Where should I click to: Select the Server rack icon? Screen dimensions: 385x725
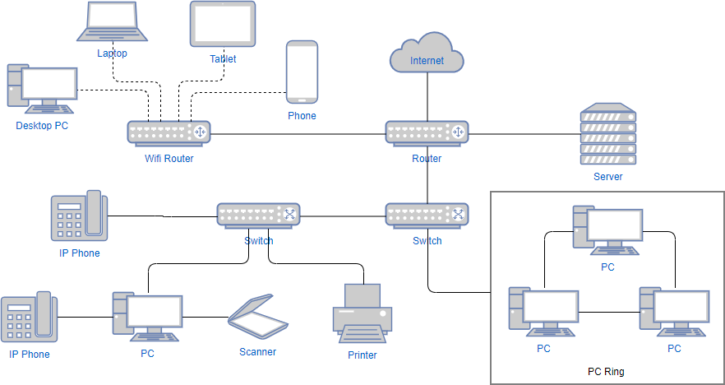click(x=607, y=135)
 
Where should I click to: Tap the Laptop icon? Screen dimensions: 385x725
click(x=113, y=23)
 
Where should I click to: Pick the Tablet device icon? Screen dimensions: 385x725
click(x=223, y=25)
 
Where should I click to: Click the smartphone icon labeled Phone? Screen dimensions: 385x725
click(x=302, y=72)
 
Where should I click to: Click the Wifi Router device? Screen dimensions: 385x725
click(x=169, y=132)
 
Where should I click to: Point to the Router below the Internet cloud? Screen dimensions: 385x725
click(x=427, y=132)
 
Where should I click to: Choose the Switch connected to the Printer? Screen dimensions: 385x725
click(x=258, y=215)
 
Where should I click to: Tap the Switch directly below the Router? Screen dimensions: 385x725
click(x=427, y=215)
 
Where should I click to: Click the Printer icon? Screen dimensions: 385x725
click(x=362, y=313)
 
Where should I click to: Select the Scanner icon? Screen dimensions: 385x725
click(x=260, y=318)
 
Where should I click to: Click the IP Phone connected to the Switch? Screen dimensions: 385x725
click(x=79, y=216)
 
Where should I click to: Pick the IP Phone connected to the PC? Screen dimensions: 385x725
click(x=29, y=318)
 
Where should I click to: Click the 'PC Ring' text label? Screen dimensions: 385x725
click(x=606, y=372)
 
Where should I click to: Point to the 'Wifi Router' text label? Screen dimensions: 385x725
click(x=169, y=159)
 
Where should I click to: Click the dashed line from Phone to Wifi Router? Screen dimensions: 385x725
click(x=238, y=91)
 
